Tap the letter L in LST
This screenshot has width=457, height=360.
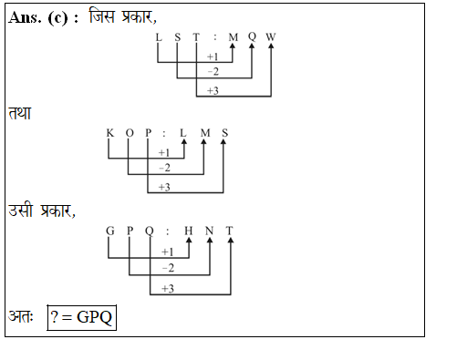tap(158, 37)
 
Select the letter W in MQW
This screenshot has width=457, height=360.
tap(271, 37)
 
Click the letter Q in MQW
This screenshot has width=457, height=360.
tap(252, 37)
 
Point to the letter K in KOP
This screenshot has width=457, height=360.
tap(109, 133)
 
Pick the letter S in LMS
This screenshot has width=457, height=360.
tap(225, 133)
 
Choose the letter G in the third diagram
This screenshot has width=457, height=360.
tap(109, 230)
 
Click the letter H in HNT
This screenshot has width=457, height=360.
tap(189, 230)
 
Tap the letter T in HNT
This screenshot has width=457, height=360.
tap(230, 230)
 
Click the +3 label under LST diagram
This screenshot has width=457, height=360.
tap(213, 90)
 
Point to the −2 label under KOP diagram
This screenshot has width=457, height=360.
tap(165, 169)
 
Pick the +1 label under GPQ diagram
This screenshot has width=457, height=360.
tap(168, 252)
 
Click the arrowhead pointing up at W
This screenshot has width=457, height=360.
tap(271, 50)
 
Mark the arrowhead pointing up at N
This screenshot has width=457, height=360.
tap(210, 242)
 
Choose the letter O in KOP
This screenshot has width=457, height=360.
tap(130, 133)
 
